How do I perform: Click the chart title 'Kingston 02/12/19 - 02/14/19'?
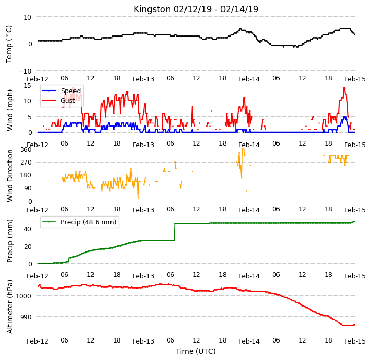196,9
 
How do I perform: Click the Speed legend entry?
61,91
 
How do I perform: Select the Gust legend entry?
58,100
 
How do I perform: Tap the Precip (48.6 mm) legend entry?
79,222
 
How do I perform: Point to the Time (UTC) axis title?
196,351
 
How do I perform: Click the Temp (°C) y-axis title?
9,44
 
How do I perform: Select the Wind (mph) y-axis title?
9,110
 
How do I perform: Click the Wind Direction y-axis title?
9,175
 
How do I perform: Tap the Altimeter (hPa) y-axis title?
9,307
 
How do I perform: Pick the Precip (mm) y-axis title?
9,241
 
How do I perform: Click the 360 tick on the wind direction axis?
26,150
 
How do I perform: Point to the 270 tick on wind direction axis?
26,163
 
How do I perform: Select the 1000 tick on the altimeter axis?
23,296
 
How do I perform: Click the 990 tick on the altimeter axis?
26,317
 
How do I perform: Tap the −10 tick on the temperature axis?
25,71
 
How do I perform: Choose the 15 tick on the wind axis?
28,85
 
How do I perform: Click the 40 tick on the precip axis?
28,229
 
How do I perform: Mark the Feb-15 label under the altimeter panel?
355,341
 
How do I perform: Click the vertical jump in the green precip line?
175,232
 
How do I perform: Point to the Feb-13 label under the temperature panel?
143,79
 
